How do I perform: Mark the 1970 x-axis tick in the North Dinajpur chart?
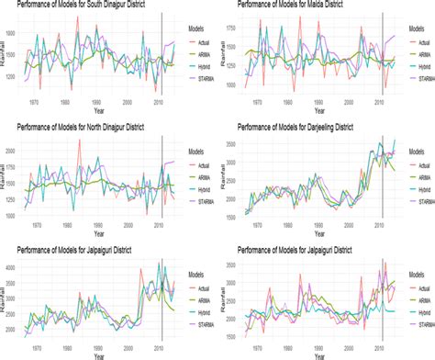click(x=35, y=223)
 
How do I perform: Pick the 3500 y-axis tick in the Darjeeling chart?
click(x=230, y=144)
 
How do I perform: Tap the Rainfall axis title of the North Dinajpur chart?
click(x=6, y=177)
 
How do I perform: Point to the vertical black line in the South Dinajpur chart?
click(x=162, y=55)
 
